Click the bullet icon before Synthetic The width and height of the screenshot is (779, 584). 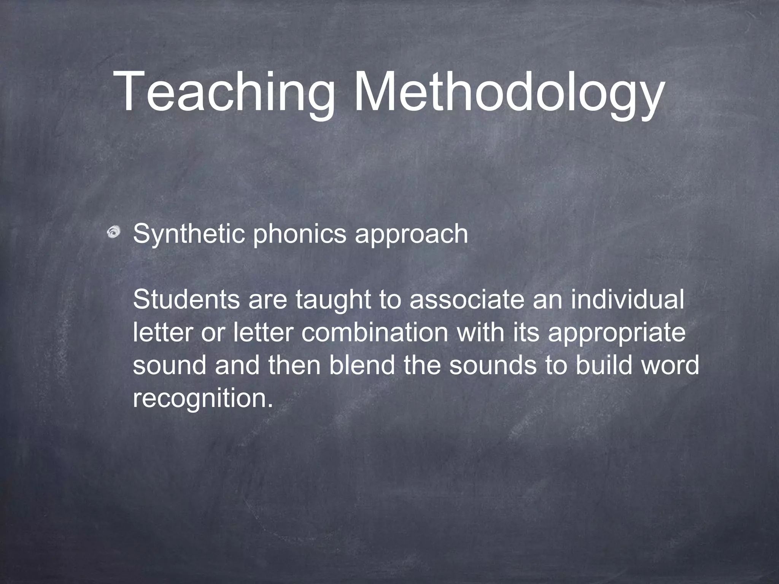click(114, 233)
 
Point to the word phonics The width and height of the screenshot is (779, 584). click(300, 233)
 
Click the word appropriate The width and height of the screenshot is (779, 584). click(617, 333)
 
